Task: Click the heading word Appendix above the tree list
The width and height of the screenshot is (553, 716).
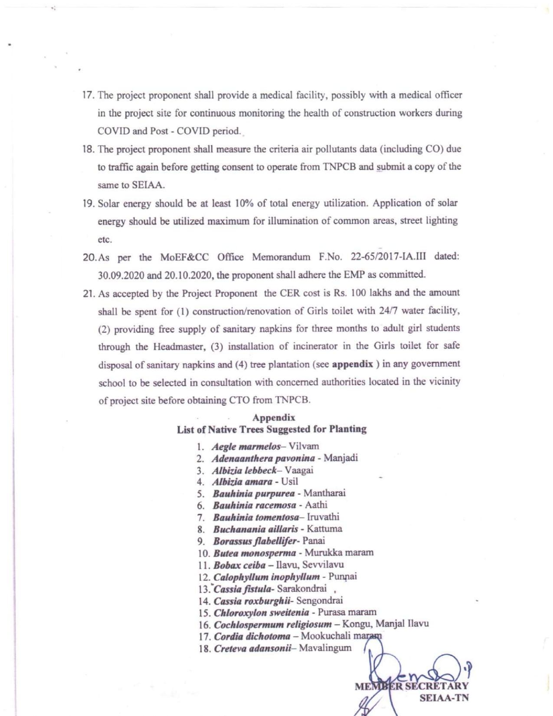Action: coord(274,417)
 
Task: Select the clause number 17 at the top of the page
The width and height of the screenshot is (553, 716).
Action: coord(88,95)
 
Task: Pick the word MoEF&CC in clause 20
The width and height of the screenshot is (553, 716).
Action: coord(184,257)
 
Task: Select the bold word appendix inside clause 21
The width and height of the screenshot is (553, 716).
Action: coord(352,364)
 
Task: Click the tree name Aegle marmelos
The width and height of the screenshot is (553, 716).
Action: coord(246,447)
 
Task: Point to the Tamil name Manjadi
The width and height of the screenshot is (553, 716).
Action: coord(340,458)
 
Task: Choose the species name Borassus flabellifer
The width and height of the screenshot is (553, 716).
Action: coord(255,541)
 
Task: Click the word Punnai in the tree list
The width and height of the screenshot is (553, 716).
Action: coord(343,577)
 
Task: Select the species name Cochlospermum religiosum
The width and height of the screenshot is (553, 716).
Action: coord(273,625)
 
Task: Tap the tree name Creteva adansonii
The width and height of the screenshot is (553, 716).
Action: coord(252,649)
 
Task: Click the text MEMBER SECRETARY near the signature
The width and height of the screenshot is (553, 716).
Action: coord(411,686)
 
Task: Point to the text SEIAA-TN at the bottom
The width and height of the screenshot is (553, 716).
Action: coord(444,698)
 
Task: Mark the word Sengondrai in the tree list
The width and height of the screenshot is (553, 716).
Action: coord(319,601)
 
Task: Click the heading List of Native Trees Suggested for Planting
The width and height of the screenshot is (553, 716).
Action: coord(272,430)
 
